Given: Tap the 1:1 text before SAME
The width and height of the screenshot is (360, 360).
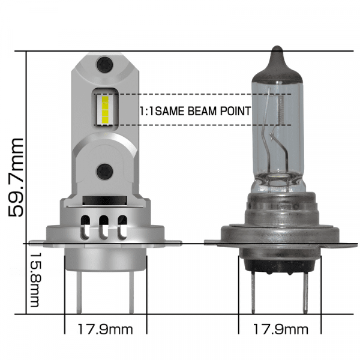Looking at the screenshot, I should [146, 111].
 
